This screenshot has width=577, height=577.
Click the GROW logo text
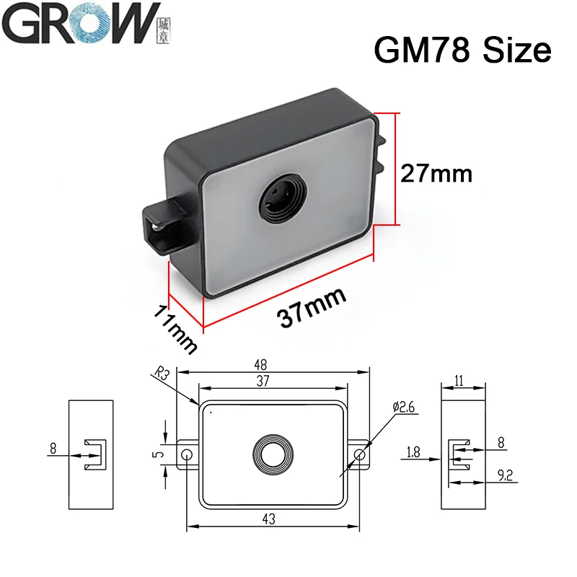(80, 27)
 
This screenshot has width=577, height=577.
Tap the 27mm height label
(436, 173)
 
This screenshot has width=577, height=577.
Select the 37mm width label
(312, 307)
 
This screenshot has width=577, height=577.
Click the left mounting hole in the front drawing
(187, 454)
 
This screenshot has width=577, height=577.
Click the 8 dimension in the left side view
(53, 449)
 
